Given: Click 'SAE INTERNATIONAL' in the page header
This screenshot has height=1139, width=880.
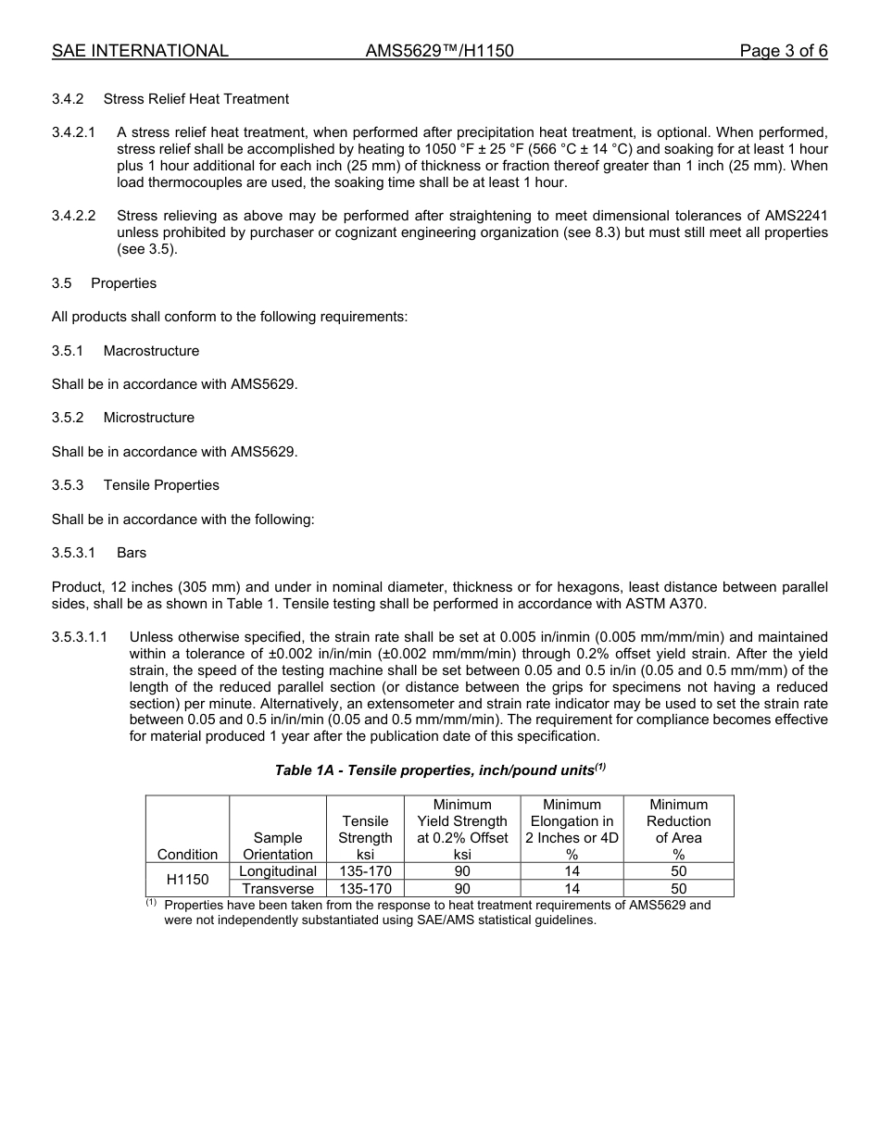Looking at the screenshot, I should click(140, 51).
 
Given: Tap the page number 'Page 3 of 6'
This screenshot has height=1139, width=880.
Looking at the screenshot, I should click(783, 51).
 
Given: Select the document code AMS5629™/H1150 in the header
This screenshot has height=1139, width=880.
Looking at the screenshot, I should click(440, 51).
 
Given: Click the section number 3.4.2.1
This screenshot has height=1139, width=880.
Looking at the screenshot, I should click(73, 132).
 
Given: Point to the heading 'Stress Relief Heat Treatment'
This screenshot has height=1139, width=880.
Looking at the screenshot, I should click(196, 99).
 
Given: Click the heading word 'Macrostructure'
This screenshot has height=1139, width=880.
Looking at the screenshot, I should click(151, 351).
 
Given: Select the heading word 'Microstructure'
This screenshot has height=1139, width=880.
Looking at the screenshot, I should click(149, 418).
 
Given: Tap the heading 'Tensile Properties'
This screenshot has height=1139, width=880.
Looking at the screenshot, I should click(161, 485).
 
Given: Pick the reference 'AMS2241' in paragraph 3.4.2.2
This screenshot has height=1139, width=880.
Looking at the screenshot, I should click(797, 216).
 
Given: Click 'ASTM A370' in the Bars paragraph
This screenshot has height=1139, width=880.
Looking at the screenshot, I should click(668, 604).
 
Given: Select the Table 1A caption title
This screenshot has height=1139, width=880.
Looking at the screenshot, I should click(440, 770).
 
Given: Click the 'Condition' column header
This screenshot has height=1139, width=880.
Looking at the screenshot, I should click(187, 854).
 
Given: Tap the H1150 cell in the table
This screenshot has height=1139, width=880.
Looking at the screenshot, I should click(187, 880).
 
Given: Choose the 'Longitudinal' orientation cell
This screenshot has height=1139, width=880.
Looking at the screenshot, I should click(278, 871).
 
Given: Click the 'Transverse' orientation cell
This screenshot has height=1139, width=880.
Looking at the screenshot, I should click(278, 889).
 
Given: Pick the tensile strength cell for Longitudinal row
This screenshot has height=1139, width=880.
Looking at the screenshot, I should click(365, 871).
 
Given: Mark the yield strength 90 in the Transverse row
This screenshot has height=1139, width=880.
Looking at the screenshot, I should click(462, 889).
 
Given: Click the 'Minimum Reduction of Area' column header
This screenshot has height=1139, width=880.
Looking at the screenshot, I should click(678, 829).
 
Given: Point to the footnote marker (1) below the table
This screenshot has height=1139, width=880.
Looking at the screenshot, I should click(151, 902).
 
